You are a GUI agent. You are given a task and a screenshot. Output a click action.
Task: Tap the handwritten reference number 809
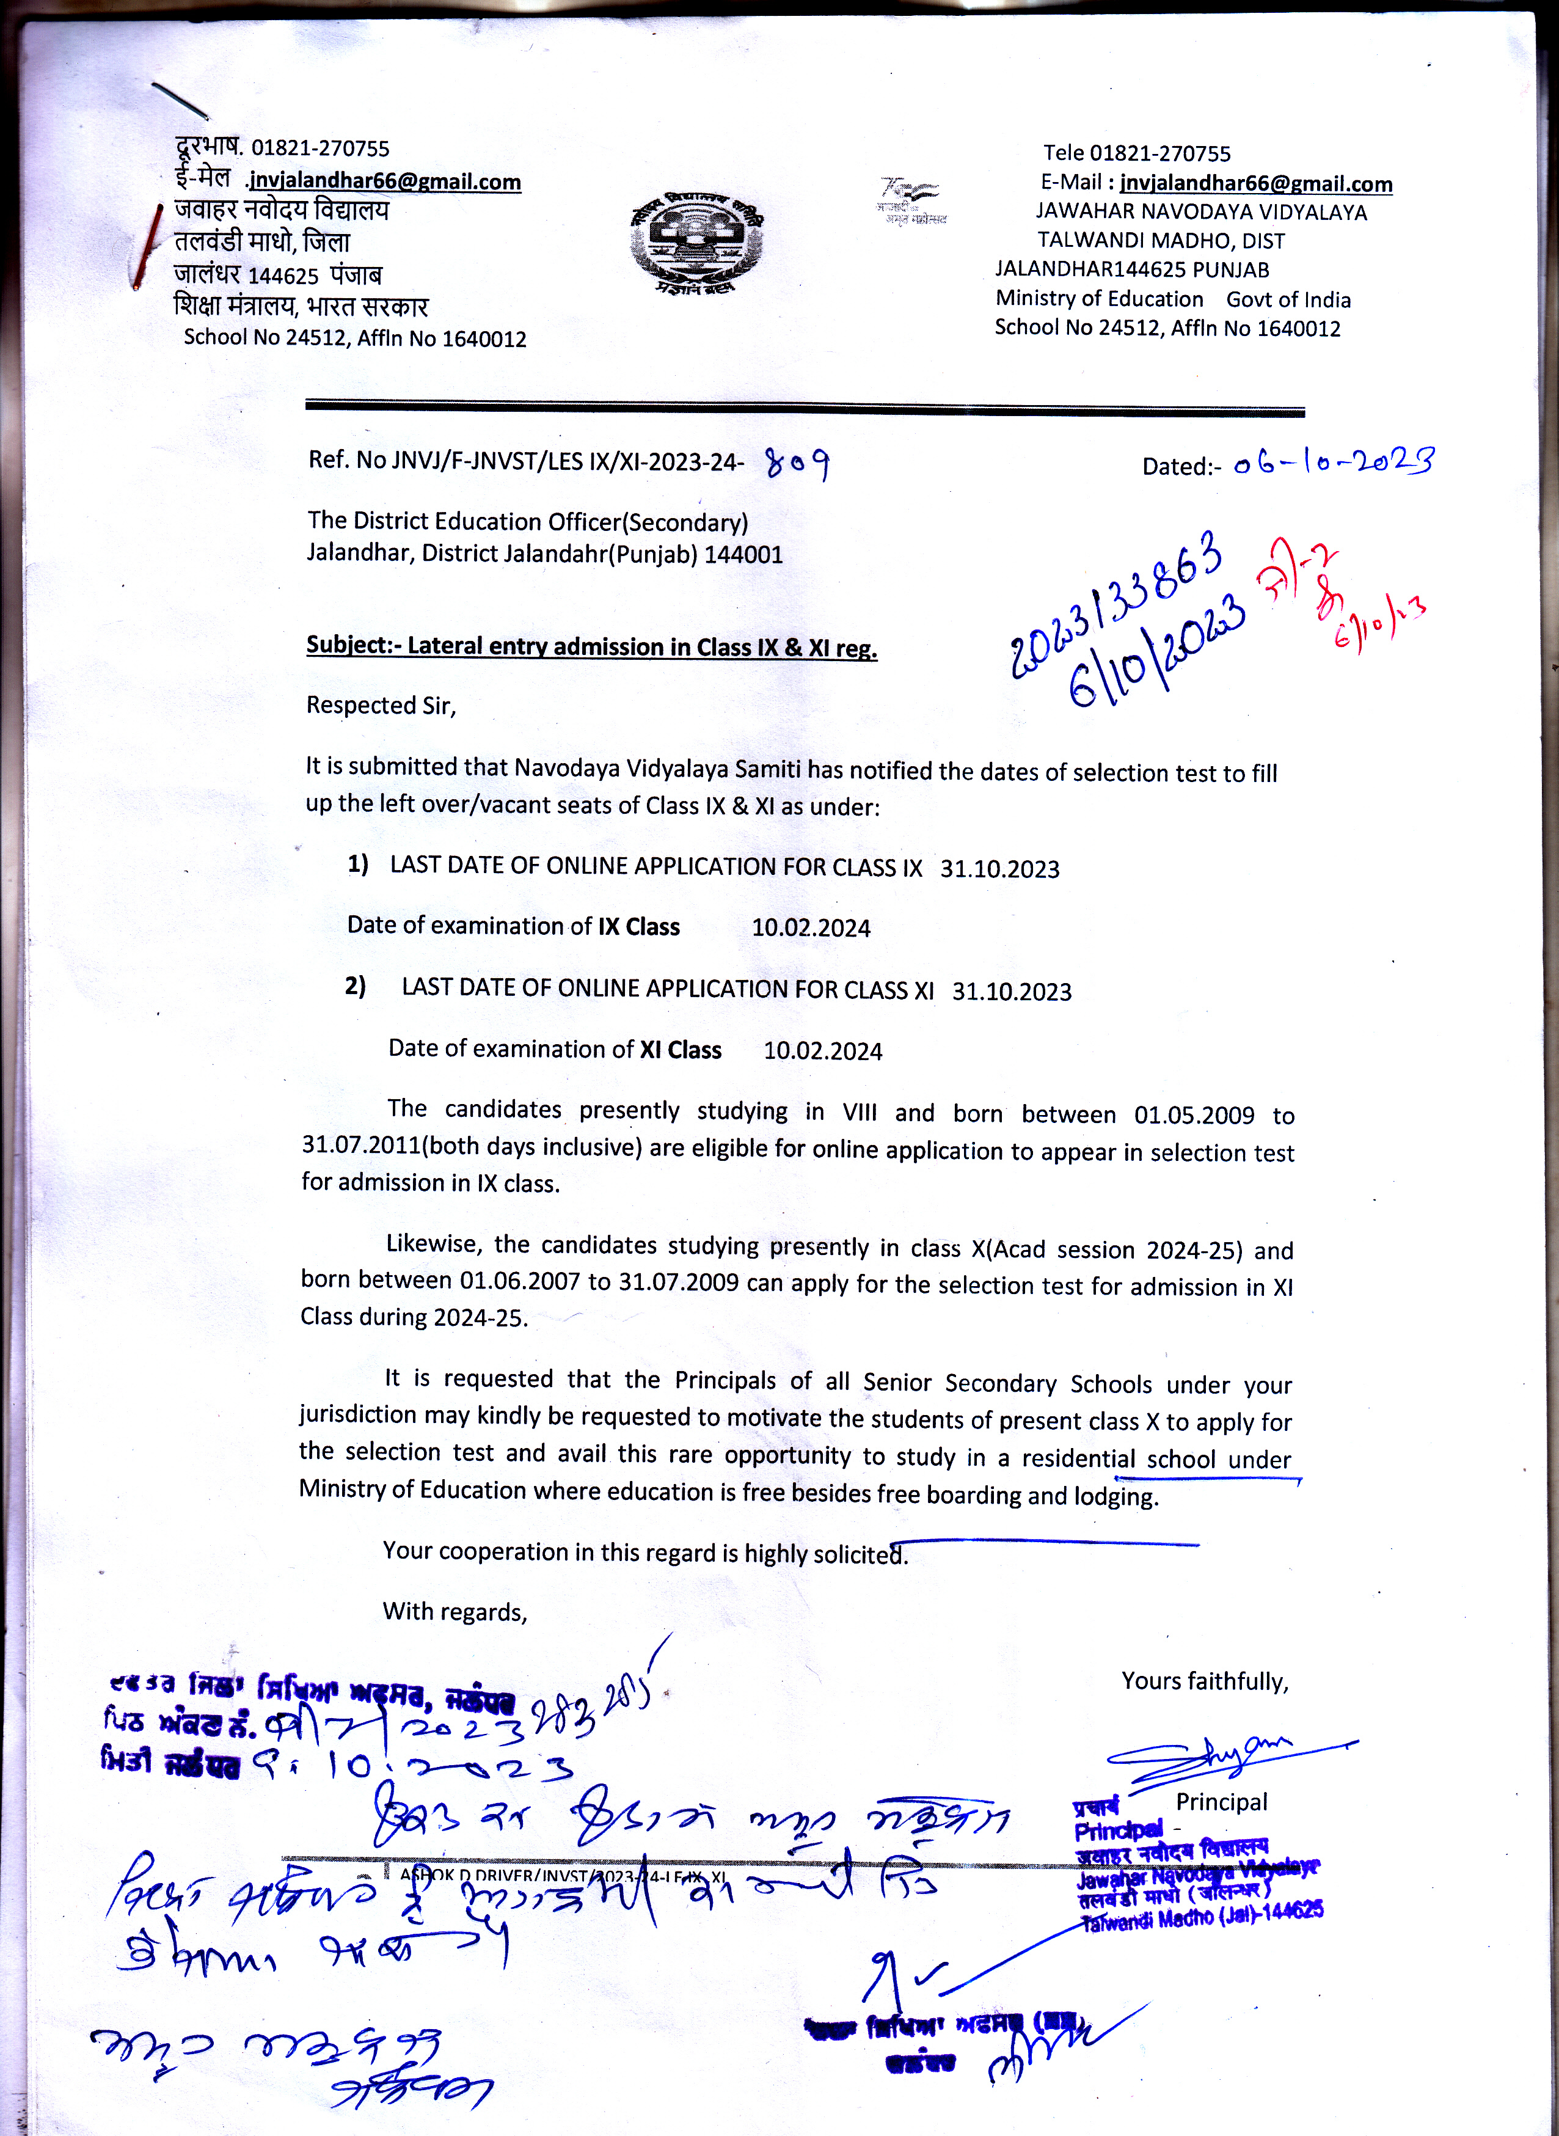click(797, 464)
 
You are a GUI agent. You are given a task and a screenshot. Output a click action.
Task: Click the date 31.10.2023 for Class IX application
click(999, 868)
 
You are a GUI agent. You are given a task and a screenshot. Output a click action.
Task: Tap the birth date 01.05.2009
click(1194, 1114)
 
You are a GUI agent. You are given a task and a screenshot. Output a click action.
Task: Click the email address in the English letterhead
click(1255, 183)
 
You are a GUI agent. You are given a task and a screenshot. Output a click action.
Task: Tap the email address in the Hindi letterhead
click(385, 181)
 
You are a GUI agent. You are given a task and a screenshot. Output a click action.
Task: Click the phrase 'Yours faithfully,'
click(1204, 1681)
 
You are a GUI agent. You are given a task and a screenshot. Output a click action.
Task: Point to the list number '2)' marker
click(355, 986)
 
